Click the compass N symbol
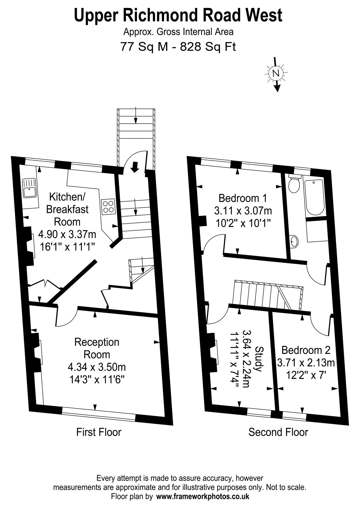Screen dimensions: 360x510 point(276,73)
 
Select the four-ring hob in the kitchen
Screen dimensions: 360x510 point(108,207)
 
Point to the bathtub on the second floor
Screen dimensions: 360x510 point(314,197)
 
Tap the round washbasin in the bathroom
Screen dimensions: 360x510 point(294,241)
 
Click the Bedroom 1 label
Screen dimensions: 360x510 point(242,198)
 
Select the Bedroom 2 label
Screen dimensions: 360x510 point(306,350)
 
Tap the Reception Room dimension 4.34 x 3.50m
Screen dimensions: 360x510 point(97,367)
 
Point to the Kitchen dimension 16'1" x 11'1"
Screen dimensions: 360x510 point(67,247)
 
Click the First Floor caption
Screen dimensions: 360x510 point(99,432)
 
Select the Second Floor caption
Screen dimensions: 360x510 point(278,432)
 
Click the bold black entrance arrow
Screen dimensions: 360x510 point(135,167)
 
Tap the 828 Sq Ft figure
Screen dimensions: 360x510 point(208,47)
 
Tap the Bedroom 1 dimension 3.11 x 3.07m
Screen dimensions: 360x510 point(243,211)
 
